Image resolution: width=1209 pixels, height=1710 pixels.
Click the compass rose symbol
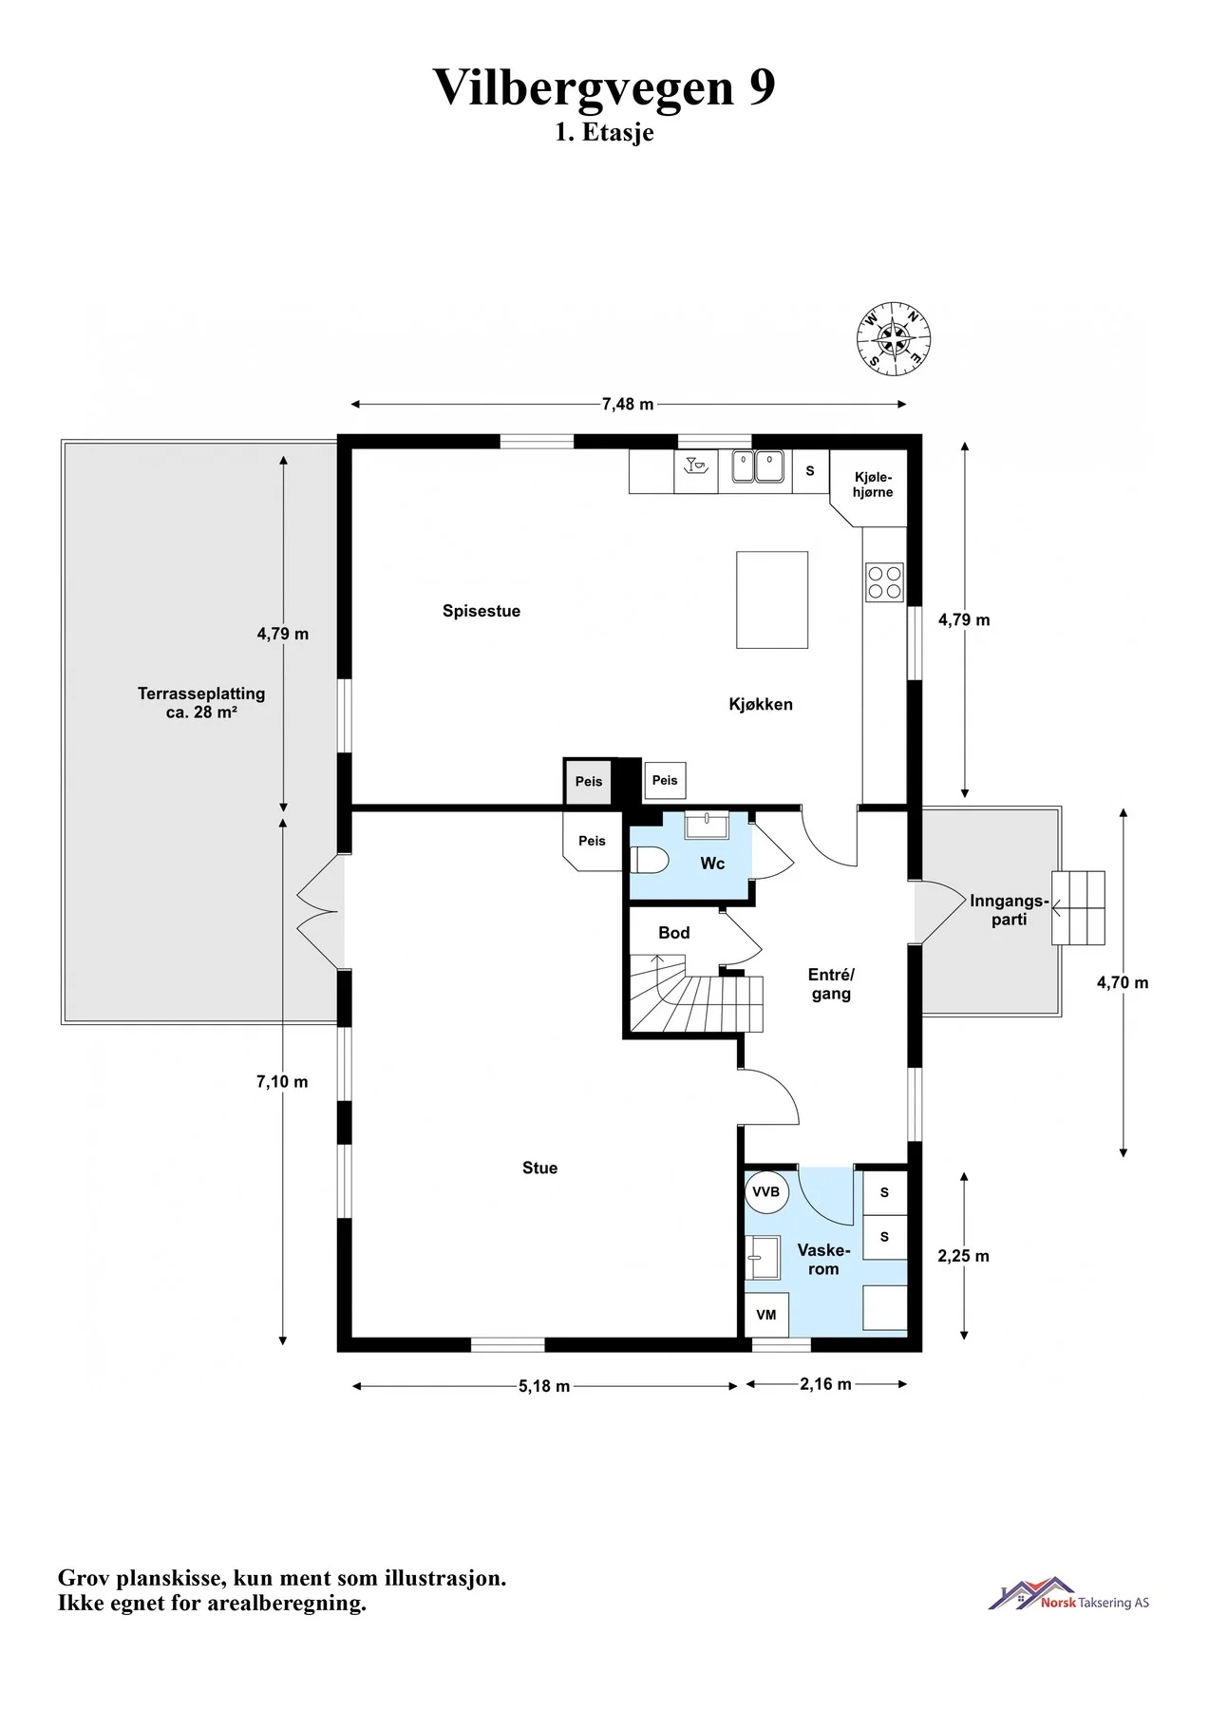[x=894, y=339]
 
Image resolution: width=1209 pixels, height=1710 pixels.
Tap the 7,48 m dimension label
[x=628, y=404]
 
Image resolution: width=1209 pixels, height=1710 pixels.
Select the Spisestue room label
[x=482, y=611]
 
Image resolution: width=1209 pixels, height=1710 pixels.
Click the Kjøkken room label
[x=761, y=704]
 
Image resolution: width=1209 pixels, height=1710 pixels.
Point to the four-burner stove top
[x=884, y=582]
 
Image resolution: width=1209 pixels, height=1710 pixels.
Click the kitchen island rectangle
[x=772, y=600]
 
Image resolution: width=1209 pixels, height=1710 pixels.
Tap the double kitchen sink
[x=757, y=466]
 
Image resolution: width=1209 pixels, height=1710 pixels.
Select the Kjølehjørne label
[x=873, y=484]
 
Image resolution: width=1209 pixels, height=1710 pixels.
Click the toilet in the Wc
[x=651, y=861]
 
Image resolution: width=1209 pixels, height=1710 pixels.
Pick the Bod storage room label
[x=674, y=933]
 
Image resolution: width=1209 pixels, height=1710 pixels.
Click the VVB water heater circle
[x=766, y=1192]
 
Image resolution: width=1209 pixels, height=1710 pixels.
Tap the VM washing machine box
[x=766, y=1315]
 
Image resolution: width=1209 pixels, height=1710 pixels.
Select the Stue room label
[x=540, y=1168]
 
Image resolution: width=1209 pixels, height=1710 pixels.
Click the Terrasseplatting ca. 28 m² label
[x=201, y=703]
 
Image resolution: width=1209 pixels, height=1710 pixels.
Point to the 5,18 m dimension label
[x=544, y=1386]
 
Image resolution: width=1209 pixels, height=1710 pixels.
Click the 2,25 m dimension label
[x=964, y=1256]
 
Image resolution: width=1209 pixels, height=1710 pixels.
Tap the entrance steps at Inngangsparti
[x=1078, y=908]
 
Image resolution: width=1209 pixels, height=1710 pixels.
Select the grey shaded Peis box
[x=589, y=782]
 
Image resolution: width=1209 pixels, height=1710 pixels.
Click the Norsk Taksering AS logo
[x=1068, y=1594]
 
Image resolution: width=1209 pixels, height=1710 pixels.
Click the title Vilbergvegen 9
[x=604, y=87]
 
